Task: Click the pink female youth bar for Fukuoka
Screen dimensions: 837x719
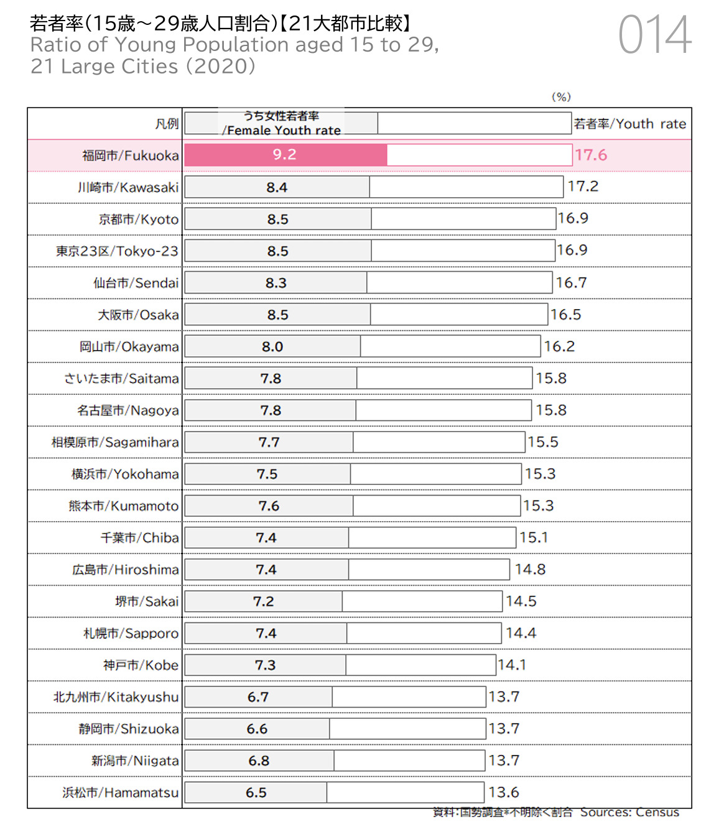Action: (x=285, y=155)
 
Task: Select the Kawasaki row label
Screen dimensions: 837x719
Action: (x=128, y=187)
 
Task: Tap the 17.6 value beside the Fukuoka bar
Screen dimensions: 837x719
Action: (x=590, y=155)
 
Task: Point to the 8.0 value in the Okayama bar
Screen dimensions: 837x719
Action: (x=272, y=346)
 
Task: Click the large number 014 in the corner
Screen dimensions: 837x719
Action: (x=654, y=35)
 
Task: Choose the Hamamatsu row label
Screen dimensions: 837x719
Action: (x=121, y=792)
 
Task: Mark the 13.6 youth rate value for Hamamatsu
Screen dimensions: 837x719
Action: (x=504, y=792)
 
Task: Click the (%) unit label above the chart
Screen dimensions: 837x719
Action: (x=561, y=97)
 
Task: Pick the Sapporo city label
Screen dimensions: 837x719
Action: (x=131, y=633)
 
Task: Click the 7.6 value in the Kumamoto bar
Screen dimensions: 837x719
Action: (x=269, y=506)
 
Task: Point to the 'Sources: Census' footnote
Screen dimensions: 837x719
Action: (x=629, y=812)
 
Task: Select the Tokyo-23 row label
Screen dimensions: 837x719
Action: (x=117, y=251)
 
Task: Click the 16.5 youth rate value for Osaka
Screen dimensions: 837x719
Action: (x=566, y=315)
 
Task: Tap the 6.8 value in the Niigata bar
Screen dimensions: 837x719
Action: (x=259, y=761)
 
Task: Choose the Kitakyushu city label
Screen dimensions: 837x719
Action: (x=116, y=697)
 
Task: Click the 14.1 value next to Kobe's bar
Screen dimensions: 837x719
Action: (x=512, y=665)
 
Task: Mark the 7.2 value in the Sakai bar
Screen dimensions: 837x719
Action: (x=263, y=601)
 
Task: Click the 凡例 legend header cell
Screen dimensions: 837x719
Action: (x=167, y=124)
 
